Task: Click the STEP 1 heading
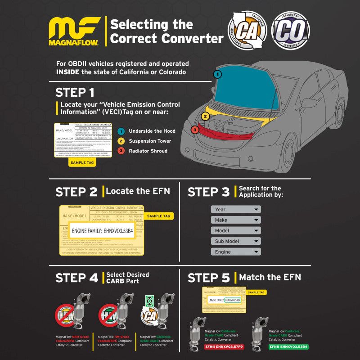click(75, 93)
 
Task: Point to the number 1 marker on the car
click(217, 74)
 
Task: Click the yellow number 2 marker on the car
click(205, 116)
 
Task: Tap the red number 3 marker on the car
click(194, 130)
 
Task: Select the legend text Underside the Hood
click(152, 131)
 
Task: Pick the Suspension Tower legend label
click(150, 141)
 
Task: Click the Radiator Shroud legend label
click(148, 151)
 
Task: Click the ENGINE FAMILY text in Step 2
click(103, 230)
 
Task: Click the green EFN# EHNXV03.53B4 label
click(288, 347)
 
